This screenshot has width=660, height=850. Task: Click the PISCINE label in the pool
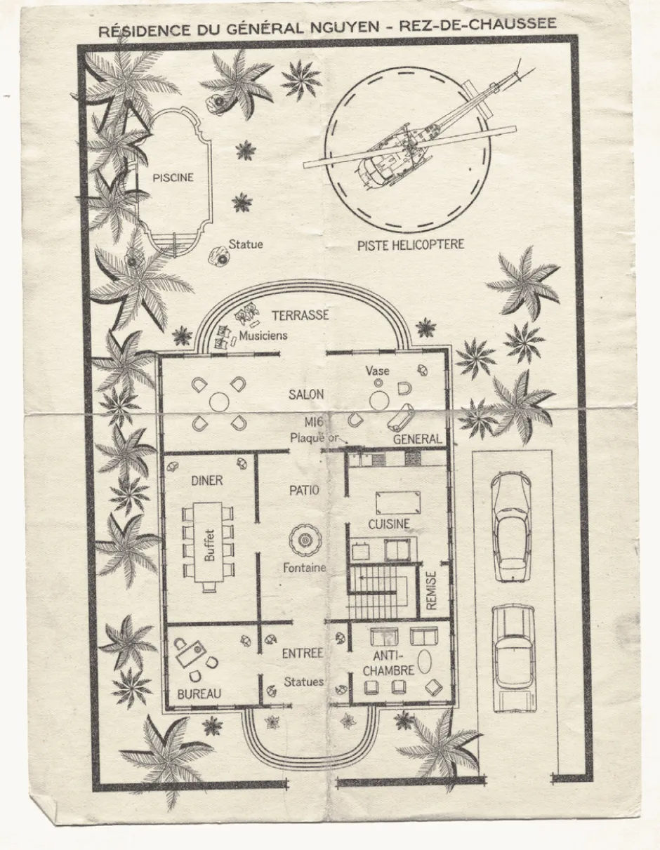click(173, 178)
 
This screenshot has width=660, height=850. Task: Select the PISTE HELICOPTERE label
click(411, 245)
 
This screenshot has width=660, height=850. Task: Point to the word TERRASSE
click(301, 315)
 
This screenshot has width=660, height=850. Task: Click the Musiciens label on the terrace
click(263, 336)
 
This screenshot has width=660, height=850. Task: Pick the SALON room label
click(306, 394)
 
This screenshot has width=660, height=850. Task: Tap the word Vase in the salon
click(377, 371)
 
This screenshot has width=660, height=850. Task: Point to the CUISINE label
click(389, 524)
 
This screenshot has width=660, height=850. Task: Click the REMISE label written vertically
click(430, 591)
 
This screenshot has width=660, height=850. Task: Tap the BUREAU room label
click(199, 694)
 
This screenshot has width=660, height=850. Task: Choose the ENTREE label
click(303, 653)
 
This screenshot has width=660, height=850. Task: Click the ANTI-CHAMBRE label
click(388, 663)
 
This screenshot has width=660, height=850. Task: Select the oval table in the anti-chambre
click(424, 661)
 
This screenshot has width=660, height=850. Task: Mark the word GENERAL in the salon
click(417, 439)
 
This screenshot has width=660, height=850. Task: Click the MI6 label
click(314, 422)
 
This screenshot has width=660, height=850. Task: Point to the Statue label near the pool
click(246, 244)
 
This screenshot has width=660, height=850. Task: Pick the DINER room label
click(207, 480)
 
